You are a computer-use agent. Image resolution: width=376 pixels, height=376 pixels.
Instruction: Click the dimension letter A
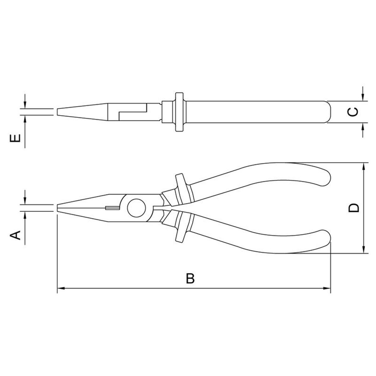15,235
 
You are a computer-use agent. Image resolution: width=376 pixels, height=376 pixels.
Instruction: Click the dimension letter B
190,279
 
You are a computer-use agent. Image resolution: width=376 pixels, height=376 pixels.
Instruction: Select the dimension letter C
353,112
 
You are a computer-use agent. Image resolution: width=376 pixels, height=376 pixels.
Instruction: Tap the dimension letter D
353,208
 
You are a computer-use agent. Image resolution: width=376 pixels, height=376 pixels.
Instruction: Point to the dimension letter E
15,138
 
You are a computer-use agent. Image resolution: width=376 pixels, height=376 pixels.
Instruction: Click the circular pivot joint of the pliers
136,208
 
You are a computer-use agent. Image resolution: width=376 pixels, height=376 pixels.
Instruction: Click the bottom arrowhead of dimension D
363,249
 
